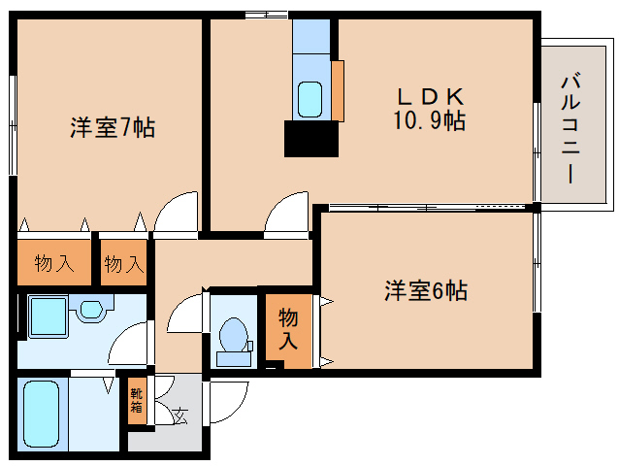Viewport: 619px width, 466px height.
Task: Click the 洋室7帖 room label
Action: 113,127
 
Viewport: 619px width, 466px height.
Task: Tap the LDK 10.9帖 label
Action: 430,109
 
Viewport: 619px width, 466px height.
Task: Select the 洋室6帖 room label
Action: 426,290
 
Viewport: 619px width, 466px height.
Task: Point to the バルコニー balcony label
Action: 570,128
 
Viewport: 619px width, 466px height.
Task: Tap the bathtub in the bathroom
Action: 41,414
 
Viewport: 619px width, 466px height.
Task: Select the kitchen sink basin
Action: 309,99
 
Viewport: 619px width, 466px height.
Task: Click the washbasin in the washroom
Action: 91,309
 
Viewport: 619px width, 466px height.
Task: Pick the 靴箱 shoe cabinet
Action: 137,400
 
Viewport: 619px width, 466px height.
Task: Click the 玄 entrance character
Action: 180,416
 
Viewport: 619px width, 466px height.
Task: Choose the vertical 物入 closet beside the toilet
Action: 288,330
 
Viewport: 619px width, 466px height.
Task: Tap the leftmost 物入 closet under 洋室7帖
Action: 54,262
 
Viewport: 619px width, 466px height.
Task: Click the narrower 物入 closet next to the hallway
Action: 123,262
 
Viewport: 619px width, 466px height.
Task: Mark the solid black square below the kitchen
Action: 311,139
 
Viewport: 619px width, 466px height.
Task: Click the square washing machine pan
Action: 49,316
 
